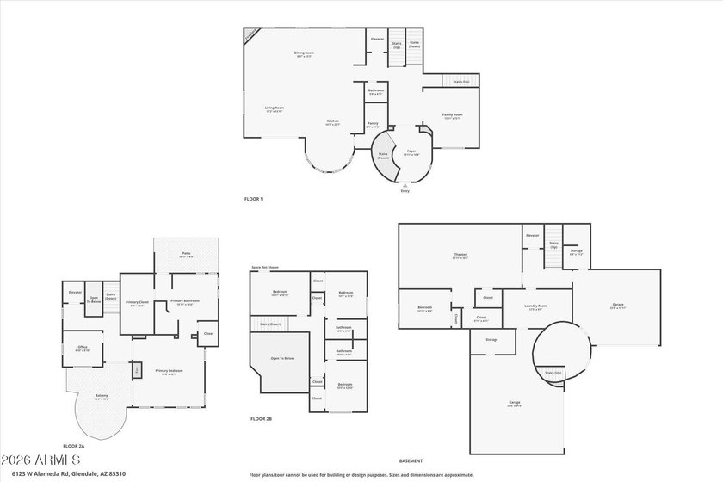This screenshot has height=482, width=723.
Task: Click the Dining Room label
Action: (304, 53)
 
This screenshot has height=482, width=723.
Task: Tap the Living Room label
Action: (274, 108)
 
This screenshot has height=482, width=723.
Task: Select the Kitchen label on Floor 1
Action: (332, 121)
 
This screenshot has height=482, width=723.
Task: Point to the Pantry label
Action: (373, 124)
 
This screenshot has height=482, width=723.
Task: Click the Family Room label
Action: (453, 115)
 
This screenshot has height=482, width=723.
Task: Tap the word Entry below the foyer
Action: (405, 190)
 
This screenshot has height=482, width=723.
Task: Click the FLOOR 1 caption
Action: (253, 199)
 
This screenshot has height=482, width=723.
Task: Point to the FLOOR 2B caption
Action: (261, 418)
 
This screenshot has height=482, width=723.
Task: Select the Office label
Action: (83, 348)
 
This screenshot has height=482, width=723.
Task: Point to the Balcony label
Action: (102, 395)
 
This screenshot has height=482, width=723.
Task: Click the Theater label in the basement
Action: (460, 255)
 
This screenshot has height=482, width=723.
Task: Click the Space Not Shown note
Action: (265, 268)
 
